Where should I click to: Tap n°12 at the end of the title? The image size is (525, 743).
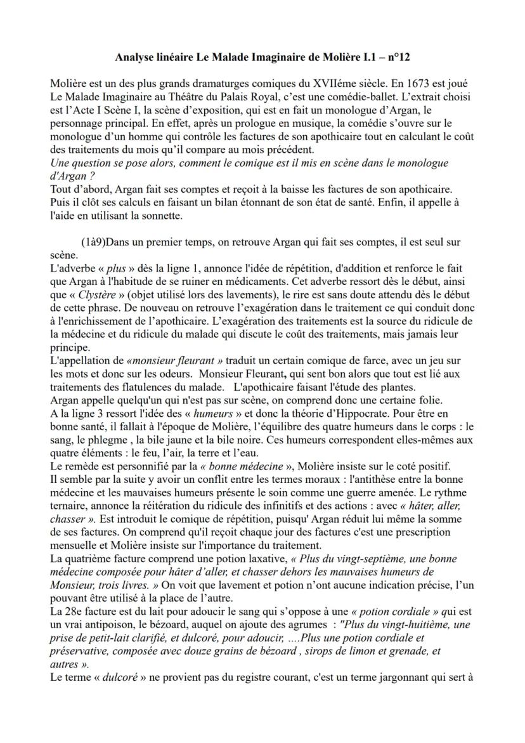[395, 58]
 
